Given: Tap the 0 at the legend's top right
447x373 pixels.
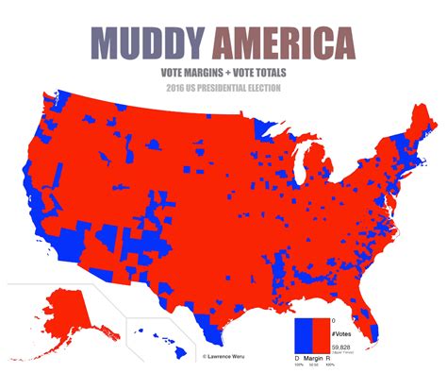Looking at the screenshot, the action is click(333, 320).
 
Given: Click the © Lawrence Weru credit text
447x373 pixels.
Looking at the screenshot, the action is click(229, 356).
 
